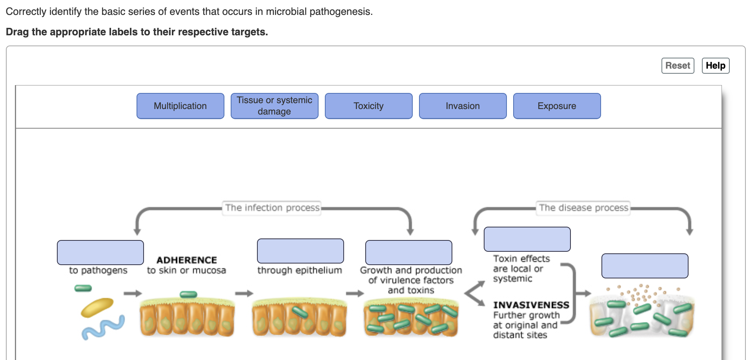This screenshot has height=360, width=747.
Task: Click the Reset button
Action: pyautogui.click(x=678, y=65)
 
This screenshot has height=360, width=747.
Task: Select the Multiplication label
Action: pyautogui.click(x=180, y=106)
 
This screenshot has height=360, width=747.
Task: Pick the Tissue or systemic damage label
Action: pyautogui.click(x=275, y=106)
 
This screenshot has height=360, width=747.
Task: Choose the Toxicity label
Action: pyautogui.click(x=369, y=106)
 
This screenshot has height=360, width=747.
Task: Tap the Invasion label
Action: pyautogui.click(x=463, y=106)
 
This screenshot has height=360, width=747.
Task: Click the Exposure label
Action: pyautogui.click(x=557, y=106)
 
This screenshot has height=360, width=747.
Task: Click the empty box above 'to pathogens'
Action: pyautogui.click(x=100, y=253)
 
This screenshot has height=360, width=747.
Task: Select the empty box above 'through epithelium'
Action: pyautogui.click(x=301, y=251)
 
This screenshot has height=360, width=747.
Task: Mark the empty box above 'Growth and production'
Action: pyautogui.click(x=409, y=253)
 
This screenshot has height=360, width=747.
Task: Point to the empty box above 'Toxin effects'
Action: pyautogui.click(x=527, y=239)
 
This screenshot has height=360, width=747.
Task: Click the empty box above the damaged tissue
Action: pyautogui.click(x=645, y=266)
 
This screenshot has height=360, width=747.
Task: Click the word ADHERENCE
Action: pyautogui.click(x=187, y=260)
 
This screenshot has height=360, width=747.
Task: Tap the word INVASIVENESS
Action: pyautogui.click(x=531, y=305)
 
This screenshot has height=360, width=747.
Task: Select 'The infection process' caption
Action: pyautogui.click(x=273, y=207)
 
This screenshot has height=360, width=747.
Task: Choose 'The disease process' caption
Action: pyautogui.click(x=584, y=207)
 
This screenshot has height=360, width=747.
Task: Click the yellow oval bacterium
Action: pyautogui.click(x=97, y=307)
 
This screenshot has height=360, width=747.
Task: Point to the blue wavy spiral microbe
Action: pyautogui.click(x=103, y=327)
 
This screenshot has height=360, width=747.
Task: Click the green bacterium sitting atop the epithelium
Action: pyautogui.click(x=188, y=294)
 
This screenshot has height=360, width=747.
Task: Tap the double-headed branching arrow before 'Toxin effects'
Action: pyautogui.click(x=475, y=293)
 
